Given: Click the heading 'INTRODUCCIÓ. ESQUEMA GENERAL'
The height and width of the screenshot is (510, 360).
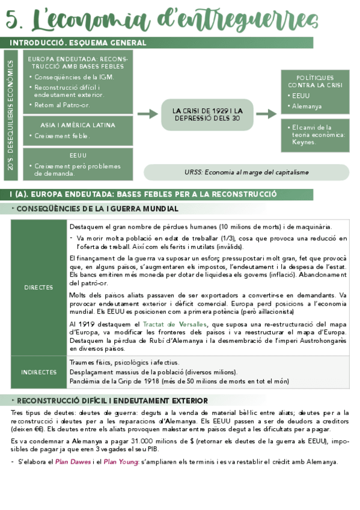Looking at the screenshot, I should point(78,43).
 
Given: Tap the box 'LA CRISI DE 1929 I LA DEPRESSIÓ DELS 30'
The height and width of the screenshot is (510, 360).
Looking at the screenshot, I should point(207,114).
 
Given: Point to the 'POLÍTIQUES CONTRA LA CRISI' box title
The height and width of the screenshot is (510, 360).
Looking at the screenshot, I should point(315,81).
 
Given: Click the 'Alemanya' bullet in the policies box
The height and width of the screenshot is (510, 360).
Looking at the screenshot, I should point(307,106).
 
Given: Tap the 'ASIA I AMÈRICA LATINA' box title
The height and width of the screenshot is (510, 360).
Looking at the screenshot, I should point(78,125).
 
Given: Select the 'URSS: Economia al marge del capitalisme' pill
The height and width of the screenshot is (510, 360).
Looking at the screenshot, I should point(246,172).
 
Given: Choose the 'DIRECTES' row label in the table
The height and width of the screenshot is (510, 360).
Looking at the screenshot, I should point(38,287).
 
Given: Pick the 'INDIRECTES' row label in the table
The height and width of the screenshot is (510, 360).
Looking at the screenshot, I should point(38,372).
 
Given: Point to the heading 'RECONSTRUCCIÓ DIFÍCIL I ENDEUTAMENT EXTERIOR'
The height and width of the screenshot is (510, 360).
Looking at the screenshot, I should point(112,401).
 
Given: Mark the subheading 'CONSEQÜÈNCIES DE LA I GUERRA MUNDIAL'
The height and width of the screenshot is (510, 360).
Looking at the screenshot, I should point(97,209).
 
